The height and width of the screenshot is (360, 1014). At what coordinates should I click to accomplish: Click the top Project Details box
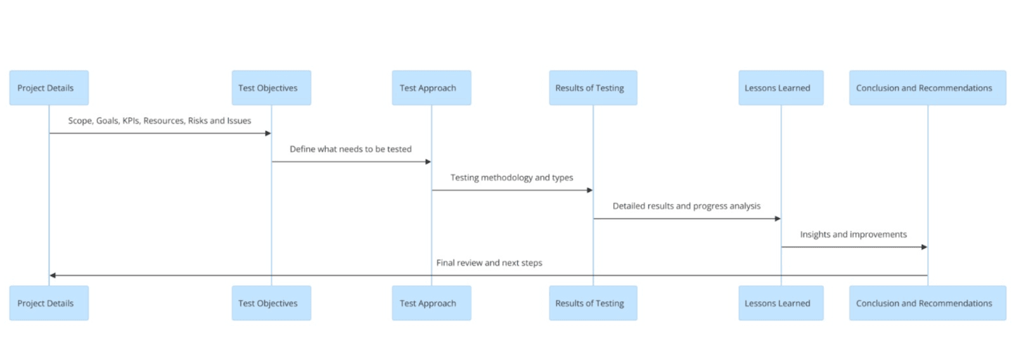[x=49, y=88]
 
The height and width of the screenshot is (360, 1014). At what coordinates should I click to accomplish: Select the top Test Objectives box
[x=271, y=88]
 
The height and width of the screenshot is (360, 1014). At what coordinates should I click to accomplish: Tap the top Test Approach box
[x=431, y=88]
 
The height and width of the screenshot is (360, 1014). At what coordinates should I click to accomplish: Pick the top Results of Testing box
[x=593, y=88]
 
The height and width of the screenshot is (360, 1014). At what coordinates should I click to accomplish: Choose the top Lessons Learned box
[x=781, y=88]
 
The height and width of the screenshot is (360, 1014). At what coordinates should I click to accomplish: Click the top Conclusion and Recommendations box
[x=927, y=88]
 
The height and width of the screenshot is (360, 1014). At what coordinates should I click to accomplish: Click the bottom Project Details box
[x=49, y=303]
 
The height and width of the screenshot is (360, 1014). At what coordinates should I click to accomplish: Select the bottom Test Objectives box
[x=271, y=303]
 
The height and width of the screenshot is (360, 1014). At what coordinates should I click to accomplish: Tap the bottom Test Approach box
[x=431, y=303]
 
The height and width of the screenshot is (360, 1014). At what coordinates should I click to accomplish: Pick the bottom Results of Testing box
[x=593, y=303]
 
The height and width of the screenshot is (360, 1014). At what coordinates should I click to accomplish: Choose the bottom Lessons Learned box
[x=781, y=303]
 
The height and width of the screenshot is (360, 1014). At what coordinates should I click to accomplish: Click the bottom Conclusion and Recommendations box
[x=927, y=303]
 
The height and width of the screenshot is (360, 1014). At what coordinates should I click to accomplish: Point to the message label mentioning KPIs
[x=160, y=120]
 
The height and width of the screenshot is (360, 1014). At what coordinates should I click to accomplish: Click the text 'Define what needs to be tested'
[x=350, y=149]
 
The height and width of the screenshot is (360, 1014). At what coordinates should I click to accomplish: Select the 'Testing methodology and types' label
[x=511, y=177]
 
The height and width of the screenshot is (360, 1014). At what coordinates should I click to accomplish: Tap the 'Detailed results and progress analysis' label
[x=686, y=206]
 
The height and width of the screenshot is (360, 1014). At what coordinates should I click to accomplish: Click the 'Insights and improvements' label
[x=853, y=235]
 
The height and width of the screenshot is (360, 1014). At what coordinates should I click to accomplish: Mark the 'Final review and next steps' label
[x=489, y=262]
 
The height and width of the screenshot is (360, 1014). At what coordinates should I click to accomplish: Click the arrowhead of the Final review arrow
[x=53, y=275]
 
